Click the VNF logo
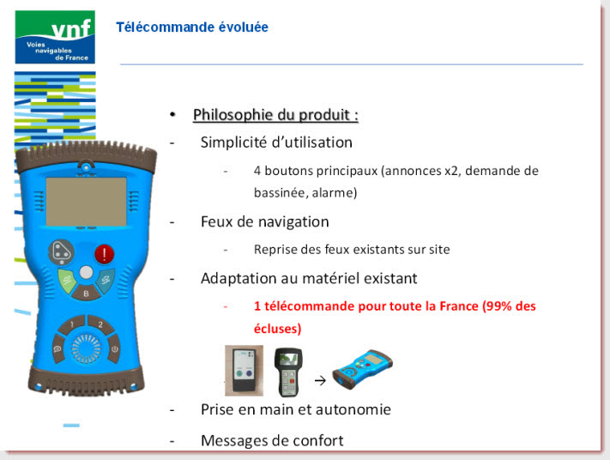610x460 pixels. click(x=55, y=37)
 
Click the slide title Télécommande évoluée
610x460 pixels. click(x=192, y=27)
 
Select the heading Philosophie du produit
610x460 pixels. click(x=275, y=115)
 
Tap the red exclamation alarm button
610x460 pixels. click(x=105, y=254)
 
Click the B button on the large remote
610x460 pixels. click(x=86, y=293)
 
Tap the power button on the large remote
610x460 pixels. click(x=114, y=349)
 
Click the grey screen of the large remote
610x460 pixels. click(x=87, y=202)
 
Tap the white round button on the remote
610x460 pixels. click(x=86, y=272)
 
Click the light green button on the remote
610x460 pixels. click(x=67, y=280)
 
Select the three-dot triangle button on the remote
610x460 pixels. click(x=61, y=251)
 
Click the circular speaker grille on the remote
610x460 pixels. click(x=86, y=348)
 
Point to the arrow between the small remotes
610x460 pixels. click(x=320, y=380)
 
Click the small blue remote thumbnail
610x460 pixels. click(x=362, y=368)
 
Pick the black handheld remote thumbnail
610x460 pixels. click(x=288, y=372)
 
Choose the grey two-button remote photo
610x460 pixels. click(x=244, y=371)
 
